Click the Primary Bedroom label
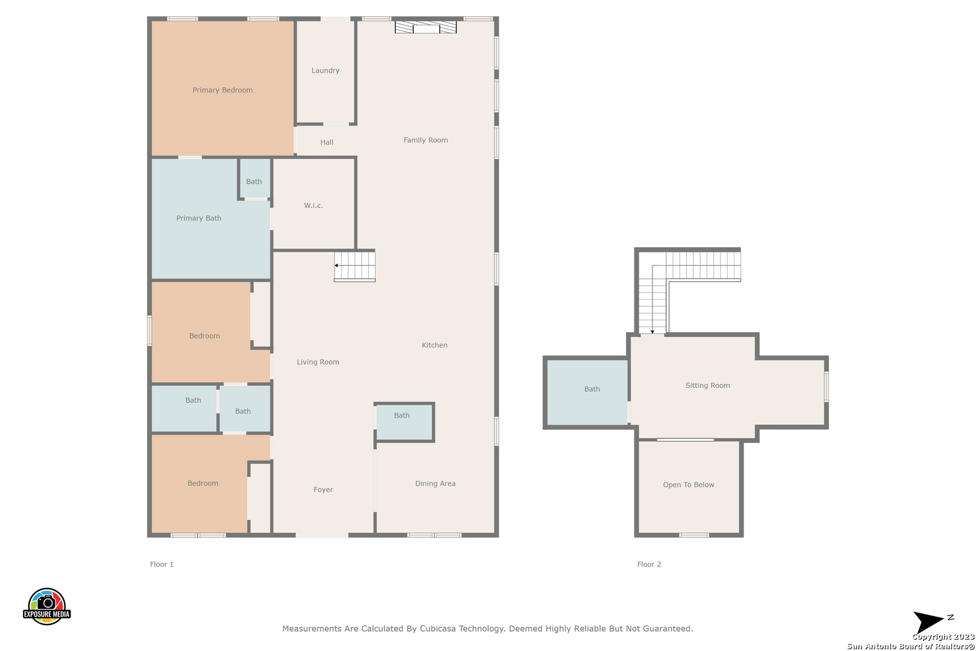(222, 90)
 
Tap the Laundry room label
(325, 71)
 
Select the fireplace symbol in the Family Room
(425, 27)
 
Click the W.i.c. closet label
(313, 206)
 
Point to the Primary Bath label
(199, 218)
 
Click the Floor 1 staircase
(355, 266)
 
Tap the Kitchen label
(434, 345)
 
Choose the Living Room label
(318, 362)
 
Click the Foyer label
(323, 489)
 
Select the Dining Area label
(435, 483)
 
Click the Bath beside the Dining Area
(404, 422)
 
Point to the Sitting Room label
(707, 385)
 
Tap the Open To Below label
(689, 485)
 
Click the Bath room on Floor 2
(587, 392)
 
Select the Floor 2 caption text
(649, 564)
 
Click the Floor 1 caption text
(161, 564)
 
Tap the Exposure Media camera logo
(46, 606)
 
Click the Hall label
(327, 142)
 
